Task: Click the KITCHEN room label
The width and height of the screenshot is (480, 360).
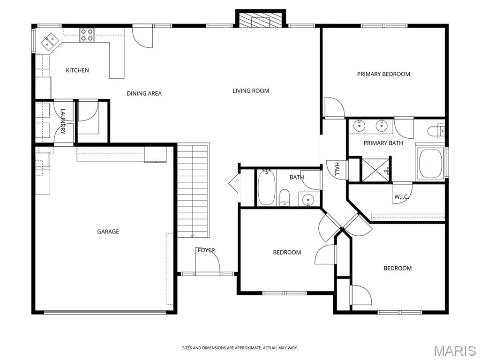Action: (77, 70)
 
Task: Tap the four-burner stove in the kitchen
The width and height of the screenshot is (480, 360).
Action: (87, 35)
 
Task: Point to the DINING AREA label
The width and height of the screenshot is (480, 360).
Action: (144, 94)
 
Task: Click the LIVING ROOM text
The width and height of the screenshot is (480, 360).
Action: (251, 91)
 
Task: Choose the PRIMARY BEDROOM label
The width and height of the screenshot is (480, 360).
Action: (383, 74)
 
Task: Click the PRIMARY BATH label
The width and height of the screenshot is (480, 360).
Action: (383, 143)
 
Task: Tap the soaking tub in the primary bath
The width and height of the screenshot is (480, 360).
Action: (430, 163)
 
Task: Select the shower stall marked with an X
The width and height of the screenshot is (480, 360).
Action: (375, 170)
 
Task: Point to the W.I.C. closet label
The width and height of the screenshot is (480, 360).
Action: (402, 197)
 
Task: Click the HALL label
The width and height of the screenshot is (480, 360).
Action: (337, 169)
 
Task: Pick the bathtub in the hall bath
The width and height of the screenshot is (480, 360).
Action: (266, 187)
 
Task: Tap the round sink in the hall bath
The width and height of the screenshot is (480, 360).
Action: (307, 201)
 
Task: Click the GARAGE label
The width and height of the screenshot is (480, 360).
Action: (108, 232)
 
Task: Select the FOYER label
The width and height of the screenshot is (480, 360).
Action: (206, 250)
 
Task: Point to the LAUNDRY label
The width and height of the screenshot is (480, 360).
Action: (63, 121)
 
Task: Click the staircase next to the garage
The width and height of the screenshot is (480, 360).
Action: (193, 190)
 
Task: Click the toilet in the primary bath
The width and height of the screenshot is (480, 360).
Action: (435, 131)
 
